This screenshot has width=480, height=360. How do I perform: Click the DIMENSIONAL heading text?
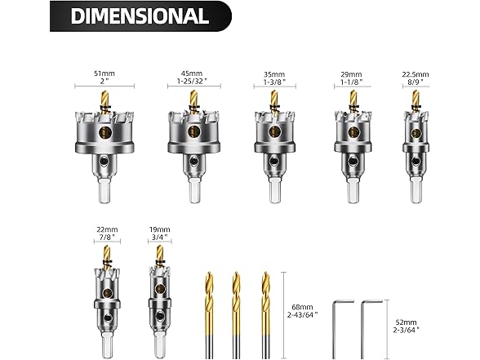[140, 16]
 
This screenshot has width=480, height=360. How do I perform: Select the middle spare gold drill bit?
[236, 314]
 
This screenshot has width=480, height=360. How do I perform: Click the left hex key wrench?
[344, 327]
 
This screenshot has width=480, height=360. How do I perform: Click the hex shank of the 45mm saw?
[193, 190]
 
